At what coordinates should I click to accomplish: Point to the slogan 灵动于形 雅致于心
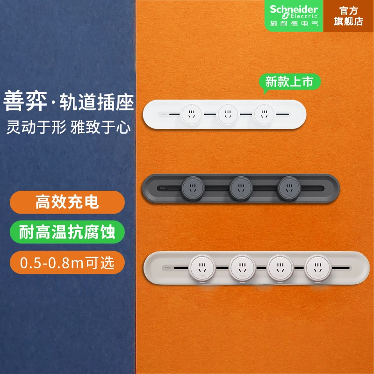point(69,126)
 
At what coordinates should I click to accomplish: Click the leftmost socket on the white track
point(191,114)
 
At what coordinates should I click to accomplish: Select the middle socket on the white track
point(228,114)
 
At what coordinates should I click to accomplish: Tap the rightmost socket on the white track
point(264,114)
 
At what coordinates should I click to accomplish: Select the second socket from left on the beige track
point(242,268)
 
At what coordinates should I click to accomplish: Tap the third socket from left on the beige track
point(280,268)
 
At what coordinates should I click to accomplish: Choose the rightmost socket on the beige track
point(318,268)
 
